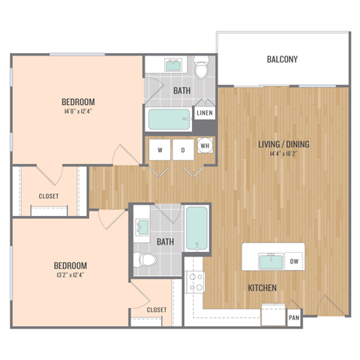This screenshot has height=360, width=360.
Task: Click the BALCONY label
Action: point(283,59)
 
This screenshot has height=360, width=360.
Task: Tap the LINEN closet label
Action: point(204,113)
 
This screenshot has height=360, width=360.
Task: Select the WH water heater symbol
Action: point(205,146)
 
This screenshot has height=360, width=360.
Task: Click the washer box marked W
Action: point(160,150)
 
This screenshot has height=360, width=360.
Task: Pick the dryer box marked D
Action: point(182,150)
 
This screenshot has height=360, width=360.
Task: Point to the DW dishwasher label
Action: point(294,262)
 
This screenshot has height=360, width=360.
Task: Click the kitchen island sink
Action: point(270,262)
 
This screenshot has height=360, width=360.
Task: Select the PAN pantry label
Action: point(294,318)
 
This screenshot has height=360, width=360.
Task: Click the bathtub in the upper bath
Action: point(169,118)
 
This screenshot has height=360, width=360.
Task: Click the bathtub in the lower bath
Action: point(196,229)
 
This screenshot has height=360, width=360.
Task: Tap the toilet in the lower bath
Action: point(145,260)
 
